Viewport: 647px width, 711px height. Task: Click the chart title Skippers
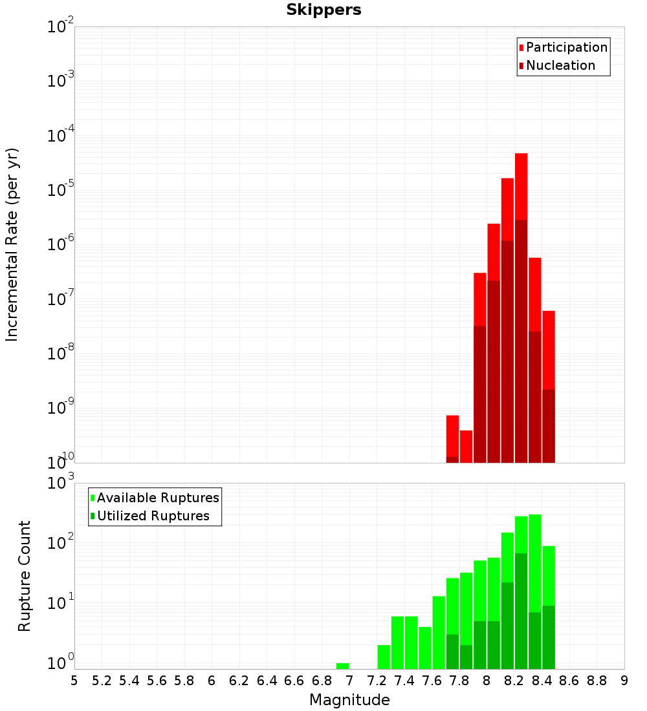point(323,10)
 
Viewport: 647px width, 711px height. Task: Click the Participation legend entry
point(567,47)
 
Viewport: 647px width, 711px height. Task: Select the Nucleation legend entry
point(560,65)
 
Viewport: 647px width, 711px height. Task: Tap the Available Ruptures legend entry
point(158,498)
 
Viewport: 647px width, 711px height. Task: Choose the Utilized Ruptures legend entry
point(153,516)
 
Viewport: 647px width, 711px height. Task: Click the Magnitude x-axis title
point(349,700)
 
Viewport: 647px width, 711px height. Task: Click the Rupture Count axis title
point(25,576)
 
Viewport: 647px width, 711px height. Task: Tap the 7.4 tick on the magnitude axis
point(404,681)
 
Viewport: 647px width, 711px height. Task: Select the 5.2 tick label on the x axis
point(102,681)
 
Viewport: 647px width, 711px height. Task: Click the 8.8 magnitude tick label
point(597,681)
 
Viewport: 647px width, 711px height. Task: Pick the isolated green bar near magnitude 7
point(342,666)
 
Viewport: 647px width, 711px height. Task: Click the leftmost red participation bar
point(452,436)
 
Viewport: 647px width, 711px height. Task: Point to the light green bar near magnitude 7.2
point(384,657)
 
